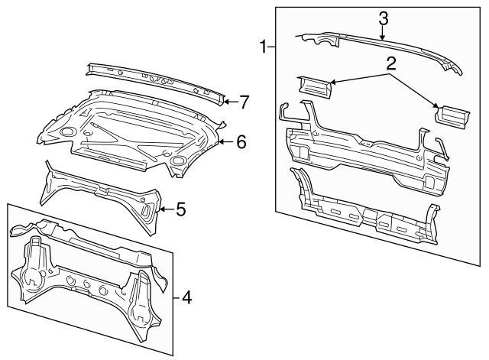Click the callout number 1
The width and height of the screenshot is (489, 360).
tap(262, 48)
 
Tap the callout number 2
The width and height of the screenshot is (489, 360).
tap(391, 63)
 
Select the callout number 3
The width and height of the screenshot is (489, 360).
tap(384, 18)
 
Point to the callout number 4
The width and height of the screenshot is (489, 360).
tap(186, 297)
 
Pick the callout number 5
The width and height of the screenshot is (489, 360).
tap(181, 209)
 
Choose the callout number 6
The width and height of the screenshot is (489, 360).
tap(240, 141)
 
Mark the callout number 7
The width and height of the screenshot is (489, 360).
tap(244, 100)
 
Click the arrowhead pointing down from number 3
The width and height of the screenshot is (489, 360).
tap(384, 36)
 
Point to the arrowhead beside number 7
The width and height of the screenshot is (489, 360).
tap(226, 100)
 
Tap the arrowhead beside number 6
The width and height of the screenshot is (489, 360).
tap(221, 141)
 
